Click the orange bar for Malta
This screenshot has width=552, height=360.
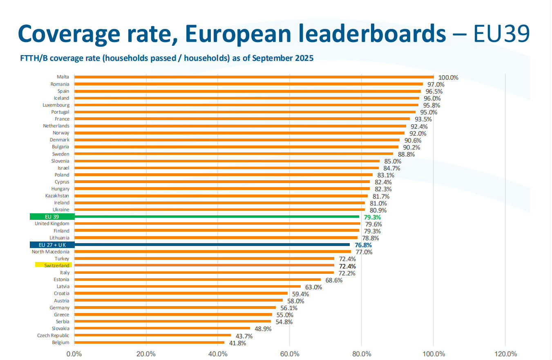pos(253,77)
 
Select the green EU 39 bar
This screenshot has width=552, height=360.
pos(217,217)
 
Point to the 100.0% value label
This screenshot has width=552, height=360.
pos(448,78)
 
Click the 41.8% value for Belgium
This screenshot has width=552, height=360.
pos(237,343)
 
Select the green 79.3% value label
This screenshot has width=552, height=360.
pos(372,217)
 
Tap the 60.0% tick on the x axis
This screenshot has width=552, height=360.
pos(289,354)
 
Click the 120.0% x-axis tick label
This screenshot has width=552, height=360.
pos(505,354)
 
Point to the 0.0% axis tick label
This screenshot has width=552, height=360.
pos(74,354)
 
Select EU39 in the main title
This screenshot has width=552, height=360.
pos(501,34)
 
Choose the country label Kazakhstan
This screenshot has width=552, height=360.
pos(57,196)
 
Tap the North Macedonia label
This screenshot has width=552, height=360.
pos(51,252)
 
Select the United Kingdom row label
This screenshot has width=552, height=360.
pos(52,224)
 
